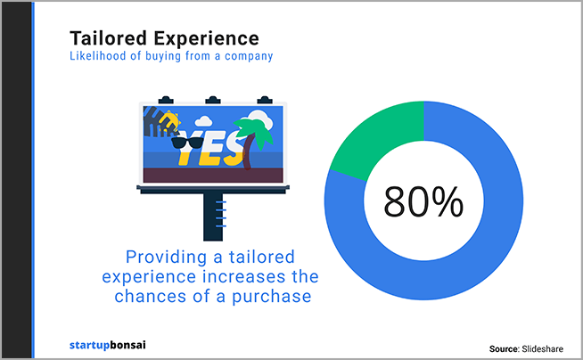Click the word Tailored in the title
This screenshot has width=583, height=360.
(x=108, y=38)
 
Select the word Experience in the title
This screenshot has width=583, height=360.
(x=206, y=39)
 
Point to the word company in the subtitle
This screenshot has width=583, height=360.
(x=249, y=56)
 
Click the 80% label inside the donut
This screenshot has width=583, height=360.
(x=423, y=202)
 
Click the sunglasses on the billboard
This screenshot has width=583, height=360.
(x=187, y=143)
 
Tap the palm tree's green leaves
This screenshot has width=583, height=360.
(x=254, y=131)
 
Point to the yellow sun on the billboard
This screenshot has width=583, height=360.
(x=169, y=121)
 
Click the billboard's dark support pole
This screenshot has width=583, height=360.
(x=213, y=217)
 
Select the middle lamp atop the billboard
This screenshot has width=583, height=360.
(x=213, y=100)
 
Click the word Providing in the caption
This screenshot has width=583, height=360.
(x=166, y=258)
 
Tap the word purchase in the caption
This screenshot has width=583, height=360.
(x=272, y=298)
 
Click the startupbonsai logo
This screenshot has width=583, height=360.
(x=108, y=345)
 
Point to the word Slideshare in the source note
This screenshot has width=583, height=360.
(x=543, y=348)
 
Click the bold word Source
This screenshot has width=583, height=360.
(x=505, y=348)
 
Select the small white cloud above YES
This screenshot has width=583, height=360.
(x=203, y=121)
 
